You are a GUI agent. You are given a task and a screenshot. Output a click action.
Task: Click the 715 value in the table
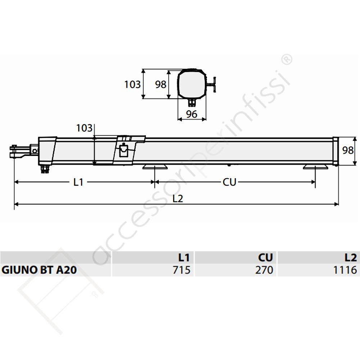pyautogui.click(x=181, y=270)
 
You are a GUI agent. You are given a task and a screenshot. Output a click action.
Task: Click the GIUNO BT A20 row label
pyautogui.click(x=39, y=270)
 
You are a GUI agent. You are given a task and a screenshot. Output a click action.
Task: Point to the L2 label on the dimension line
pyautogui.click(x=177, y=198)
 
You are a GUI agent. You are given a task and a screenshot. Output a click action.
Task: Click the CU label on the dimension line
pyautogui.click(x=229, y=182)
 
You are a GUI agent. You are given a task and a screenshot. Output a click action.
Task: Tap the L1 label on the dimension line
pyautogui.click(x=78, y=182)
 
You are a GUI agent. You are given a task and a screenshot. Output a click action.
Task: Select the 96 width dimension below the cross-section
pyautogui.click(x=192, y=114)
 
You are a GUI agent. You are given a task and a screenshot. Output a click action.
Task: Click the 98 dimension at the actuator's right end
pyautogui.click(x=348, y=150)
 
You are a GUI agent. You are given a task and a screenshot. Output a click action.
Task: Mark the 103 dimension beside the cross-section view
pyautogui.click(x=132, y=85)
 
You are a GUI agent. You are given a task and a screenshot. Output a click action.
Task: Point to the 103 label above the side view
pyautogui.click(x=84, y=128)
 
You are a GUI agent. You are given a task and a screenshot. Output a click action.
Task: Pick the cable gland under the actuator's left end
pyautogui.click(x=45, y=168)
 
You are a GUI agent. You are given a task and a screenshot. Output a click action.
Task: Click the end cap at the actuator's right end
pyautogui.click(x=336, y=151)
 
